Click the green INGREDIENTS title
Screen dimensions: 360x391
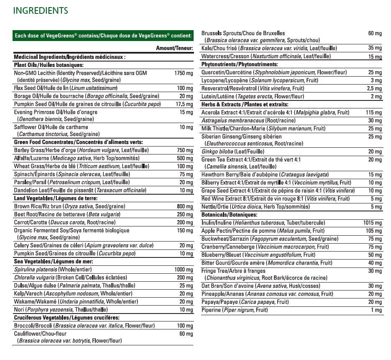click(41, 10)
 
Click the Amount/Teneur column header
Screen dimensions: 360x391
click(174, 49)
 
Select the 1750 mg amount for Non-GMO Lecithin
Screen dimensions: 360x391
click(184, 73)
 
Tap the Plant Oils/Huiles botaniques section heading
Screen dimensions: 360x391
click(49, 65)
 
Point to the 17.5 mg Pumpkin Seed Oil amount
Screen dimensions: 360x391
click(184, 104)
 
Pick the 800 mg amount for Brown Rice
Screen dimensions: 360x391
click(185, 206)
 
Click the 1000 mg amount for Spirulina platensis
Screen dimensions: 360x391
click(184, 270)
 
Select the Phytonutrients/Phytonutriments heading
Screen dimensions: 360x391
click(240, 64)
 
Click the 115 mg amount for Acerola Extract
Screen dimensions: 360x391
click(373, 113)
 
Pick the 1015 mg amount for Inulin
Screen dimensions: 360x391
click(372, 223)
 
